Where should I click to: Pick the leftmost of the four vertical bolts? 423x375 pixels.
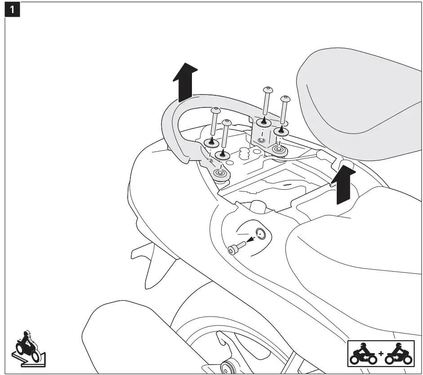tap(214, 124)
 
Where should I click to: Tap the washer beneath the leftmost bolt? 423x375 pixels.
tap(211, 143)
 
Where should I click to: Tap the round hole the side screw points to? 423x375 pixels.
tap(260, 233)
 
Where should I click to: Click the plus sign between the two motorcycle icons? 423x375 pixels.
tap(381, 353)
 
